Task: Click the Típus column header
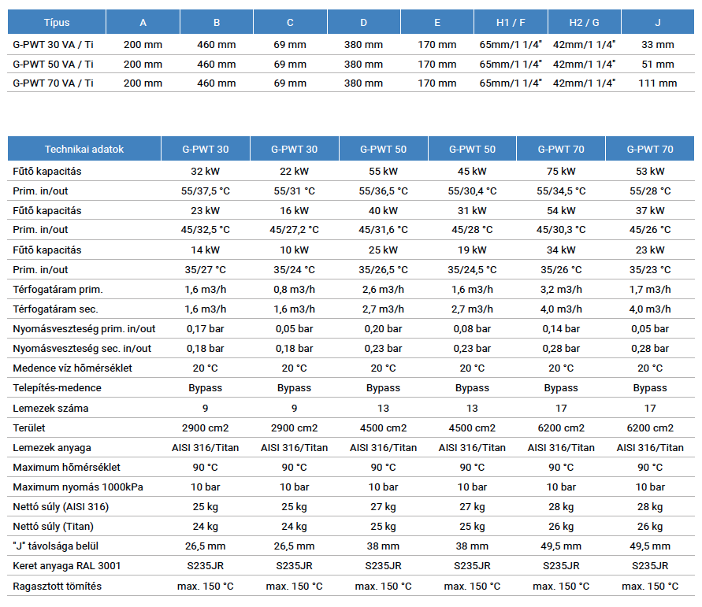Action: click(x=57, y=22)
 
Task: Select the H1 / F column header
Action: click(x=511, y=22)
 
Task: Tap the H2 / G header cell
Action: click(x=585, y=22)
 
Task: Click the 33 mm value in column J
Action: click(x=658, y=45)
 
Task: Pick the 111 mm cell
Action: click(x=658, y=83)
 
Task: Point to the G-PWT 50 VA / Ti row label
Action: click(x=53, y=65)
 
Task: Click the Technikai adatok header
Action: click(x=84, y=150)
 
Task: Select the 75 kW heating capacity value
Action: click(x=561, y=172)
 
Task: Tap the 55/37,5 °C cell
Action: click(x=205, y=191)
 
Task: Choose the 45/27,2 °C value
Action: click(x=294, y=230)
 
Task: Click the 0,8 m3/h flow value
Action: click(x=294, y=290)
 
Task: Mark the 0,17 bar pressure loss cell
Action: click(x=205, y=329)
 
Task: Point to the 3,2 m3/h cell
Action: click(x=561, y=290)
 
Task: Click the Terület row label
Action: click(x=29, y=428)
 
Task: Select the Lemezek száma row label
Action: click(x=50, y=409)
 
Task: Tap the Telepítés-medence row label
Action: click(x=57, y=388)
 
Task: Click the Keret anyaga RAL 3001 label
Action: click(x=67, y=566)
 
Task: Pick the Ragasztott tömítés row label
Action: click(x=57, y=587)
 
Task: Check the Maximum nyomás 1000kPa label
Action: click(x=78, y=487)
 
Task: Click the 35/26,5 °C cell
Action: click(x=383, y=270)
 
